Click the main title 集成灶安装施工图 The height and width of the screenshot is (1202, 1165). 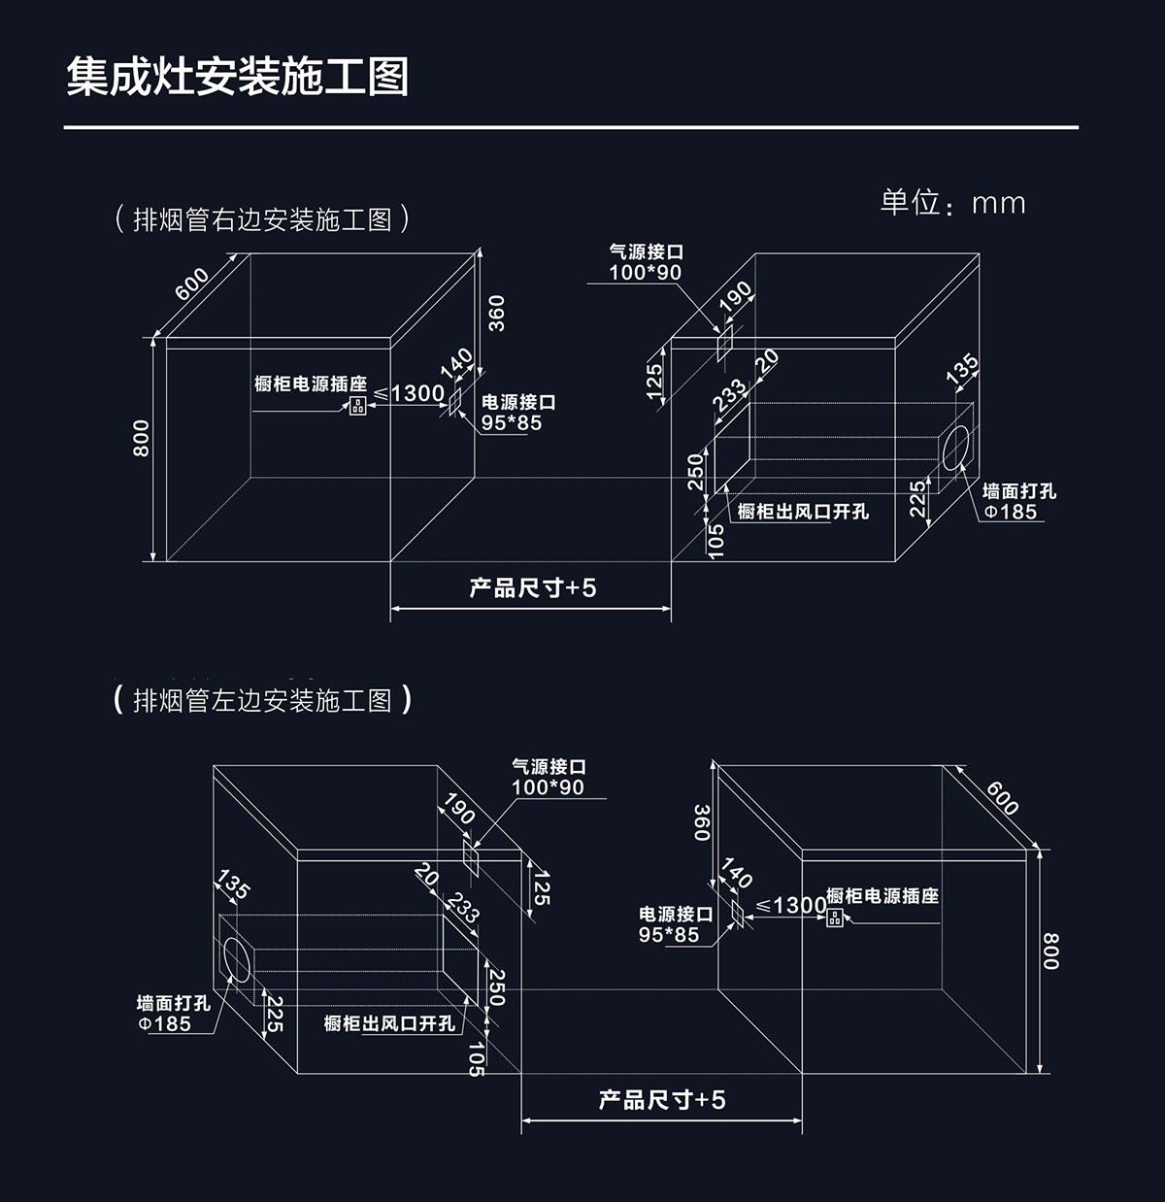click(x=238, y=77)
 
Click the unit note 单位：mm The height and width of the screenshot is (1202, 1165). click(x=952, y=202)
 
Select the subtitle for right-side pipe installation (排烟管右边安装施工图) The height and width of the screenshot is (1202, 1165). click(x=261, y=219)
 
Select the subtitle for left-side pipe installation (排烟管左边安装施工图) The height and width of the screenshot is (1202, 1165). click(x=262, y=700)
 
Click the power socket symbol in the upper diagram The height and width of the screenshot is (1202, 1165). click(x=358, y=406)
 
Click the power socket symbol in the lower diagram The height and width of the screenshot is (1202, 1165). click(x=834, y=917)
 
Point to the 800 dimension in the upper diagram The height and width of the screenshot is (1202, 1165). click(x=142, y=438)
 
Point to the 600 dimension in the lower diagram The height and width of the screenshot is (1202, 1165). click(x=1002, y=797)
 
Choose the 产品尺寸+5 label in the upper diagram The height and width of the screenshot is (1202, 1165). click(x=532, y=587)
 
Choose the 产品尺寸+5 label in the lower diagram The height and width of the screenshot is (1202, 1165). click(x=662, y=1099)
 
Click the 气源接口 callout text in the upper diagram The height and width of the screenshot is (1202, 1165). click(x=646, y=252)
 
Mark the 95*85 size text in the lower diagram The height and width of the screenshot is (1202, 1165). click(x=669, y=935)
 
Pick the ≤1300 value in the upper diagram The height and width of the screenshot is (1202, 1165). click(x=409, y=393)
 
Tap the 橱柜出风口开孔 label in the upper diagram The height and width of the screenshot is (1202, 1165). click(x=803, y=512)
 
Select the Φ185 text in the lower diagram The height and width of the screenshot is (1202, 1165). click(x=165, y=1023)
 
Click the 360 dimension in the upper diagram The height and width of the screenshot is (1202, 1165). click(x=496, y=313)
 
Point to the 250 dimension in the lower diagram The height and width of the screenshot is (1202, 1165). click(x=496, y=987)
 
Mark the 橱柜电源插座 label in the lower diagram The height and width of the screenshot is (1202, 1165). click(x=882, y=895)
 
